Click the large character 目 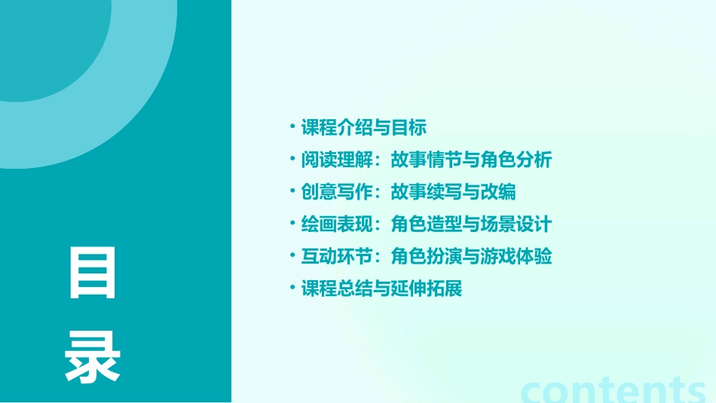pos(93,272)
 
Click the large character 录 pos(93,358)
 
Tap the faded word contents pos(613,389)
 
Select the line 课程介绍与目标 pos(364,127)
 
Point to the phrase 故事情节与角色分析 pos(472,160)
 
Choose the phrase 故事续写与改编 pos(454,192)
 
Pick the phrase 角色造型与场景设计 pos(472,224)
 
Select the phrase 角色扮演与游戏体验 pos(472,257)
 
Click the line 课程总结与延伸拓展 pos(381,289)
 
